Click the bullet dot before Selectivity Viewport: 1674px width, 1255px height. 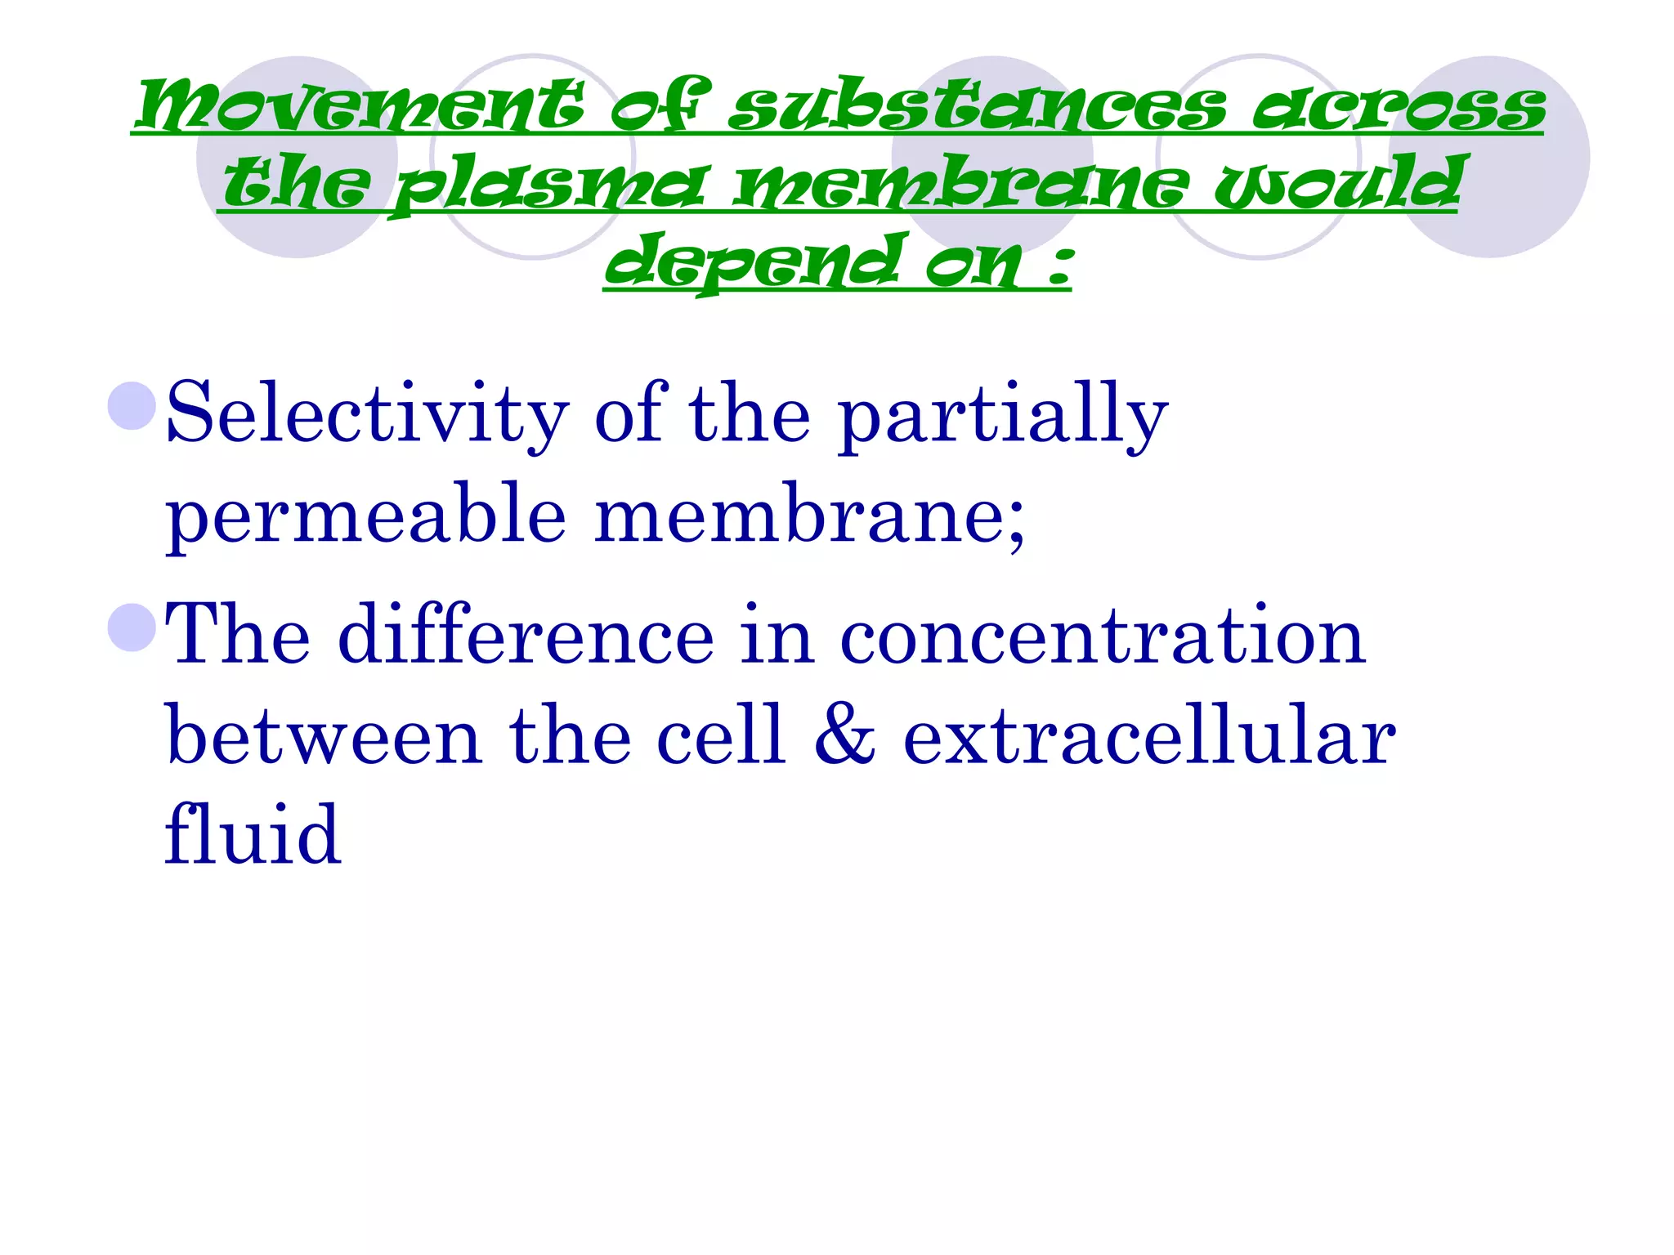(x=132, y=406)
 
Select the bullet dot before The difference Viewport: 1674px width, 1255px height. (x=132, y=627)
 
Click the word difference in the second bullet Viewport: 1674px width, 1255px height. (x=526, y=636)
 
